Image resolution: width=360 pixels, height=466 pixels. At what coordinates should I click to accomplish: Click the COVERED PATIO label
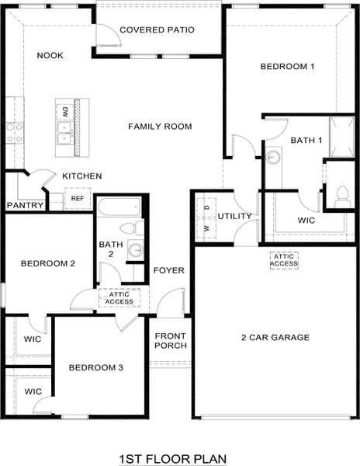pyautogui.click(x=157, y=30)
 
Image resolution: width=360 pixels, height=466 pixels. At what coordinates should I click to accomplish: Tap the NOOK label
pyautogui.click(x=50, y=55)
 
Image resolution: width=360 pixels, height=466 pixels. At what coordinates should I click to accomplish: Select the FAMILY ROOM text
pyautogui.click(x=160, y=127)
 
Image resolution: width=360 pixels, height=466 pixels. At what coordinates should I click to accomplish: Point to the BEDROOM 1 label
pyautogui.click(x=287, y=68)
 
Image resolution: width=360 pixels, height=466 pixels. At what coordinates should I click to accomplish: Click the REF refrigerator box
pyautogui.click(x=77, y=199)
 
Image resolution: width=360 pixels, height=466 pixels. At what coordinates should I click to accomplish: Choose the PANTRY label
pyautogui.click(x=23, y=206)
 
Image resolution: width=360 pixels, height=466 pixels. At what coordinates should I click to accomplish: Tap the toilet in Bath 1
pyautogui.click(x=342, y=196)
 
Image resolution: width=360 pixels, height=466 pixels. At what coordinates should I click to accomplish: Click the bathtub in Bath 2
pyautogui.click(x=119, y=207)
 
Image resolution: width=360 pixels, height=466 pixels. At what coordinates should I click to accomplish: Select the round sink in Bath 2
pyautogui.click(x=135, y=250)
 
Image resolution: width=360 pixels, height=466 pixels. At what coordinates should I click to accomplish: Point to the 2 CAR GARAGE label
pyautogui.click(x=275, y=337)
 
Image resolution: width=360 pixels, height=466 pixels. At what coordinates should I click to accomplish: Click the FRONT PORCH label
pyautogui.click(x=170, y=340)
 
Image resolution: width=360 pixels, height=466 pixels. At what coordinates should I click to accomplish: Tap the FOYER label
pyautogui.click(x=169, y=270)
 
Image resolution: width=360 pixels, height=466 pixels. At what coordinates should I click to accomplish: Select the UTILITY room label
pyautogui.click(x=234, y=216)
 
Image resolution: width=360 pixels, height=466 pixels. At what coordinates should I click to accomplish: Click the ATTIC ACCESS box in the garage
pyautogui.click(x=284, y=259)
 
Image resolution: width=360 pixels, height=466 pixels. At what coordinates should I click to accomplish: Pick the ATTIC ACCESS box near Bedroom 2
pyautogui.click(x=119, y=297)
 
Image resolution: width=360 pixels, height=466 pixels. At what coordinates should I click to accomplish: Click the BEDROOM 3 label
pyautogui.click(x=95, y=367)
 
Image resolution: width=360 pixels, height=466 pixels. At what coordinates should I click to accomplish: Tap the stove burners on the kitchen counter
pyautogui.click(x=14, y=133)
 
